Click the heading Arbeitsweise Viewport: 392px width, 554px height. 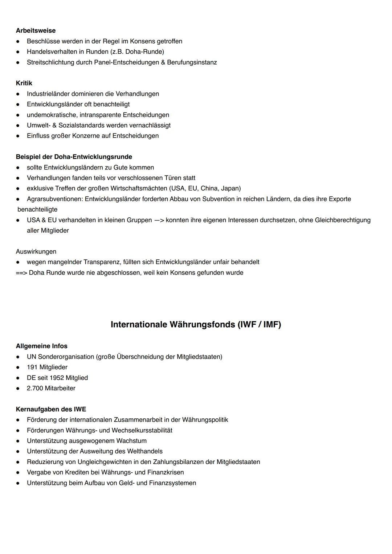[36, 30]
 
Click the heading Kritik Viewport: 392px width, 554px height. [24, 83]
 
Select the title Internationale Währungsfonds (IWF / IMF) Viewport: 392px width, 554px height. [196, 324]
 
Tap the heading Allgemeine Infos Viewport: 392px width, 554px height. [41, 346]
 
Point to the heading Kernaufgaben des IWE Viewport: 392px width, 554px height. [51, 409]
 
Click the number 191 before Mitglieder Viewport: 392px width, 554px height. [32, 367]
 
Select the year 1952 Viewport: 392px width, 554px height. [57, 378]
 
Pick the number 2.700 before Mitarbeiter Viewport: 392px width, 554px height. [35, 388]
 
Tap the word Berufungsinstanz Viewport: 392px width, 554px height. [192, 62]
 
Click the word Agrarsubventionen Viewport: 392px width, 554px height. [54, 199]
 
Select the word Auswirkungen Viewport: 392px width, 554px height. [36, 251]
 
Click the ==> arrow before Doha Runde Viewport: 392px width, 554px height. [21, 272]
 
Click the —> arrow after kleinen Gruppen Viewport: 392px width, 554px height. [159, 220]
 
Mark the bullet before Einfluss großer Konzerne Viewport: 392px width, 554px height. [18, 136]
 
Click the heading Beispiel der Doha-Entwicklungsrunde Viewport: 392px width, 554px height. [74, 157]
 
